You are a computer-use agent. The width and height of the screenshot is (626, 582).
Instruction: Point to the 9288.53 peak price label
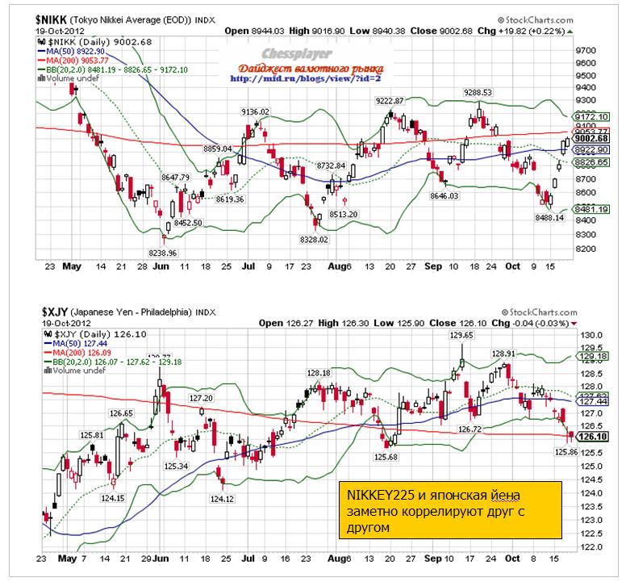pyautogui.click(x=478, y=93)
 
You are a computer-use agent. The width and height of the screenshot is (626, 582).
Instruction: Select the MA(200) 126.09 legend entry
pyautogui.click(x=69, y=354)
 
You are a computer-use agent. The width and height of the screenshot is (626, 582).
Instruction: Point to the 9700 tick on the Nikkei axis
pyautogui.click(x=585, y=50)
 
